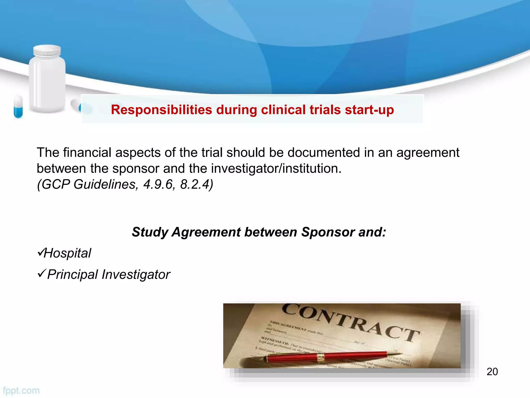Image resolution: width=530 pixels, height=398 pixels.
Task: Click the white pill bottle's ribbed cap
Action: [47, 51]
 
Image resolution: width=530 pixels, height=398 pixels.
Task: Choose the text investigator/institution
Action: [276, 168]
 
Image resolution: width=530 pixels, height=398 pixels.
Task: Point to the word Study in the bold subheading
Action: [150, 232]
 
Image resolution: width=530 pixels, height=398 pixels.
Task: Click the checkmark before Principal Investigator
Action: [41, 273]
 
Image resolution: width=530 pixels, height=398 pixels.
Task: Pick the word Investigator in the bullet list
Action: [136, 274]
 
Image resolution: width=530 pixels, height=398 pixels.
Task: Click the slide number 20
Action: [492, 372]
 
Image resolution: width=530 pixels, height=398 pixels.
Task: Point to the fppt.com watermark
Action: [21, 390]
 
